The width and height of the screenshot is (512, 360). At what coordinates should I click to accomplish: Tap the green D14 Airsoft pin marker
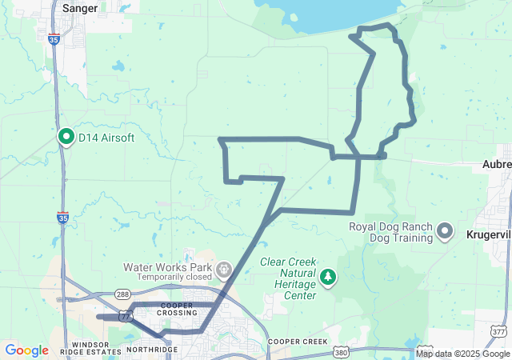(x=66, y=137)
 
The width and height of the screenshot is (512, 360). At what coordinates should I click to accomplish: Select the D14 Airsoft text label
(x=106, y=138)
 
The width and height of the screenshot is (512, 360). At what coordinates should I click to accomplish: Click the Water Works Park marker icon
(x=224, y=267)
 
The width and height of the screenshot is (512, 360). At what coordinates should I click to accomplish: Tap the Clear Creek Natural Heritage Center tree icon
(x=328, y=277)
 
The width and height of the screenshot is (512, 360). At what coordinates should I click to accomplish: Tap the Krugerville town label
(x=488, y=233)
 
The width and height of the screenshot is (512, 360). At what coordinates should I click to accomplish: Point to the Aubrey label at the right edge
(x=496, y=164)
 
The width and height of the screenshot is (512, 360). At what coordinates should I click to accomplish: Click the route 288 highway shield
(x=122, y=294)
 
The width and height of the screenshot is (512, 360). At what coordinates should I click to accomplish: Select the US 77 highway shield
(x=126, y=317)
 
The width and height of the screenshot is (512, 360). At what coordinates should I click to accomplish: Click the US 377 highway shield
(x=498, y=330)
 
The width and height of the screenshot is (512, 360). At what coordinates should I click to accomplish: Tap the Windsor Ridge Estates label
(x=89, y=348)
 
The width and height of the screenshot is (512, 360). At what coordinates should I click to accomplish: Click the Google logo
(x=26, y=350)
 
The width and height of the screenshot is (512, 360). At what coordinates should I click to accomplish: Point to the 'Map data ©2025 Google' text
(x=462, y=354)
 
